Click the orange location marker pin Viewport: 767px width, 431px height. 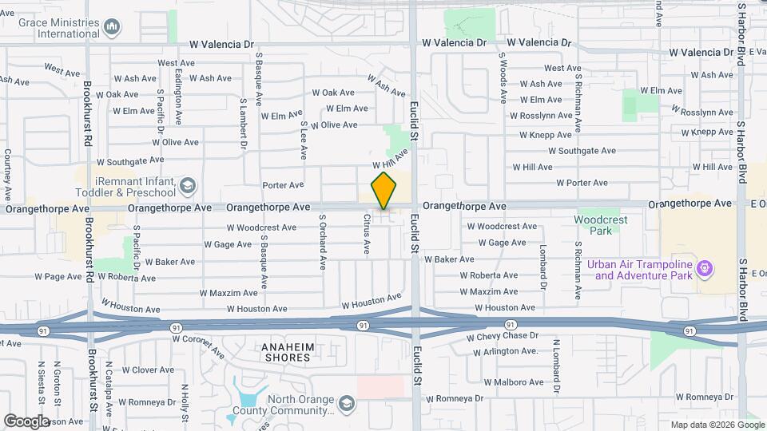click(x=384, y=190)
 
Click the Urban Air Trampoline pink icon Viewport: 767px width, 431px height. click(x=705, y=267)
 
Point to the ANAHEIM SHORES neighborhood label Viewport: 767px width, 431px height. click(x=287, y=352)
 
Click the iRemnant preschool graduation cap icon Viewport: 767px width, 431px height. click(x=188, y=187)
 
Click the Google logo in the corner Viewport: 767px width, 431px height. click(x=26, y=421)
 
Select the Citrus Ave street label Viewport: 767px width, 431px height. click(x=367, y=234)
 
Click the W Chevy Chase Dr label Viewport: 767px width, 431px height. click(x=503, y=337)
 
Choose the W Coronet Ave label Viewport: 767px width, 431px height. click(x=199, y=346)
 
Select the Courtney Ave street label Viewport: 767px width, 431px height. click(x=7, y=175)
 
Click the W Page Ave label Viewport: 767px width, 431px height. click(x=58, y=277)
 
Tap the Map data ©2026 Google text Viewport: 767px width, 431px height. click(x=717, y=425)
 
